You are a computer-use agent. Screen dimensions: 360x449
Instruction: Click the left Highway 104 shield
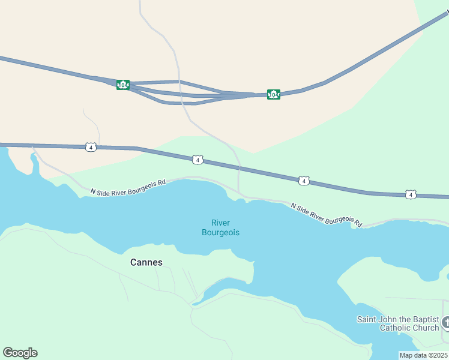(122, 85)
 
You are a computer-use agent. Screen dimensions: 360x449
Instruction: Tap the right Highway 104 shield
(274, 94)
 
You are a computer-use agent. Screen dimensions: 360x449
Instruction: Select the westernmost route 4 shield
(90, 147)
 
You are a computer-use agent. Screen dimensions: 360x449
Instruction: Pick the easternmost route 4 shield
(410, 194)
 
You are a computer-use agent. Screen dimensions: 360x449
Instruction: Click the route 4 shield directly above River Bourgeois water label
(197, 160)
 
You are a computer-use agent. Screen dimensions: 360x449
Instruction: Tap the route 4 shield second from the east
(304, 181)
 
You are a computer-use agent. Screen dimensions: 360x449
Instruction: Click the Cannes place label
(146, 262)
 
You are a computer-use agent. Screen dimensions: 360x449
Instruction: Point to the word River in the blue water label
(220, 223)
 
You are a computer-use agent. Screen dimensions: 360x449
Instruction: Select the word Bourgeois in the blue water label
(220, 232)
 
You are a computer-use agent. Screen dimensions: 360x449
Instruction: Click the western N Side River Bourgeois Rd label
(127, 186)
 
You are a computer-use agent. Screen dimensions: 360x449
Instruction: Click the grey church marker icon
(445, 323)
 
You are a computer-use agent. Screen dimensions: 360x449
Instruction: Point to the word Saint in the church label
(367, 319)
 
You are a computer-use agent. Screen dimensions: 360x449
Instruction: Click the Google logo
(20, 353)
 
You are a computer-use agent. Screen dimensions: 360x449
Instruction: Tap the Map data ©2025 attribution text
(424, 355)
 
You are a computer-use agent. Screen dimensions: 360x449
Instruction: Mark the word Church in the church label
(427, 328)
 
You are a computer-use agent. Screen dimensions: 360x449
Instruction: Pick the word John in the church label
(388, 319)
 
